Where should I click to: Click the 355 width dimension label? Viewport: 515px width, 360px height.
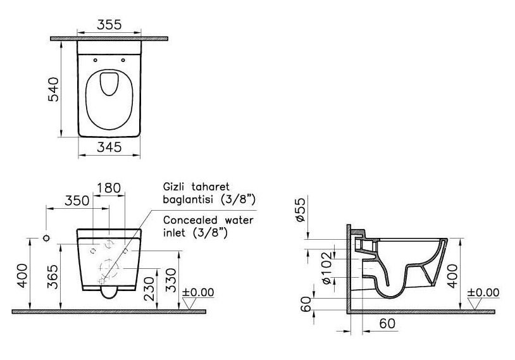(x=109, y=25)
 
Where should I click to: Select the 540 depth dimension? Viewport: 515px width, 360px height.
(x=54, y=89)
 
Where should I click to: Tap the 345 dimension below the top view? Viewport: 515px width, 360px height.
(x=109, y=147)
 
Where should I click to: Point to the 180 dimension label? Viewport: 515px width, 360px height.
(x=109, y=188)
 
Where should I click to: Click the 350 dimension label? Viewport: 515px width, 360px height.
(x=77, y=201)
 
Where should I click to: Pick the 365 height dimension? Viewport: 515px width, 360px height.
(x=53, y=277)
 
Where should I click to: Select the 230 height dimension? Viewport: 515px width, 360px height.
(x=149, y=289)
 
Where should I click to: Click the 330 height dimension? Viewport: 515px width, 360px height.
(x=171, y=280)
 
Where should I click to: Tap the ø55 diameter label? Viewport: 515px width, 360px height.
(x=301, y=209)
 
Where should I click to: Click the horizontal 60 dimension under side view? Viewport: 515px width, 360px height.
(x=388, y=323)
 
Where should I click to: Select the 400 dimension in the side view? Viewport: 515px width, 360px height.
(x=452, y=276)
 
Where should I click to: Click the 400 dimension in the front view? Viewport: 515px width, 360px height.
(x=23, y=275)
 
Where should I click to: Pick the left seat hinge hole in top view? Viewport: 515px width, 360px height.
(x=96, y=60)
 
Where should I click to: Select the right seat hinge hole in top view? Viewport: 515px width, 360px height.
(x=123, y=60)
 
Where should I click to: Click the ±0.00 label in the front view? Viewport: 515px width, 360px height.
(x=198, y=292)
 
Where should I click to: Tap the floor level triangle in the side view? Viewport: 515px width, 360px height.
(x=475, y=304)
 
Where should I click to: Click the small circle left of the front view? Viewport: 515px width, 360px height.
(x=46, y=238)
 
